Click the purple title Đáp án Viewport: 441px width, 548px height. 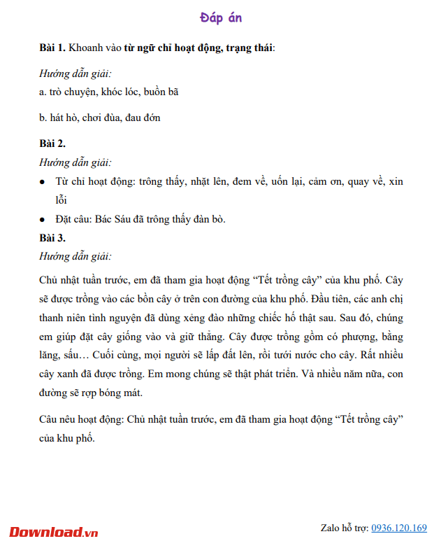point(220,18)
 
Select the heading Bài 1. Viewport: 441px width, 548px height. point(52,48)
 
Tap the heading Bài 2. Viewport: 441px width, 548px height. point(52,144)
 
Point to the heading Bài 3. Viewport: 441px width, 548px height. point(52,238)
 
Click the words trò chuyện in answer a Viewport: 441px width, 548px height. point(72,92)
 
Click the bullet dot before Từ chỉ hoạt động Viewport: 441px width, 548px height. point(43,182)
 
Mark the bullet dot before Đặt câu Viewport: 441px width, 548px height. point(43,220)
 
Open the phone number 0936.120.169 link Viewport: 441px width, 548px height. point(398,528)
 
